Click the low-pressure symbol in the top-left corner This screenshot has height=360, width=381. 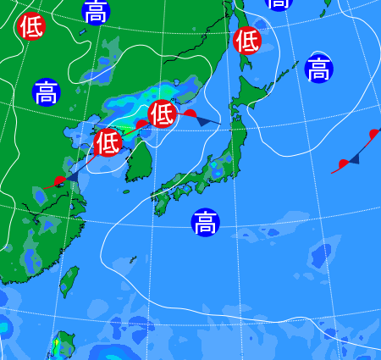tap(30, 26)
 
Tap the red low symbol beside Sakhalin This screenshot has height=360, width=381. tap(247, 40)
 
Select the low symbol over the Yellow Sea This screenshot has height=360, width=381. tap(108, 142)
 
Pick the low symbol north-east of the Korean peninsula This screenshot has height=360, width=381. tap(163, 113)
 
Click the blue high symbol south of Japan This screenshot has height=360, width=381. tap(204, 223)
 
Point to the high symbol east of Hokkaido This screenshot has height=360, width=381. tap(318, 69)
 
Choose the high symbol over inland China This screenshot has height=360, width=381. tap(46, 91)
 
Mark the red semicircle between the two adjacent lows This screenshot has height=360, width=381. tap(141, 125)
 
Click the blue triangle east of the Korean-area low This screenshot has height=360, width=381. tap(204, 121)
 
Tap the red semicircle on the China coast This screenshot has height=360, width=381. tap(58, 181)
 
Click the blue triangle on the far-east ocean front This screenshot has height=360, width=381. tap(354, 158)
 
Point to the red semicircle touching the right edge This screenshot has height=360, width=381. tap(373, 134)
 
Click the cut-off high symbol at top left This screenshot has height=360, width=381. tap(97, 10)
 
